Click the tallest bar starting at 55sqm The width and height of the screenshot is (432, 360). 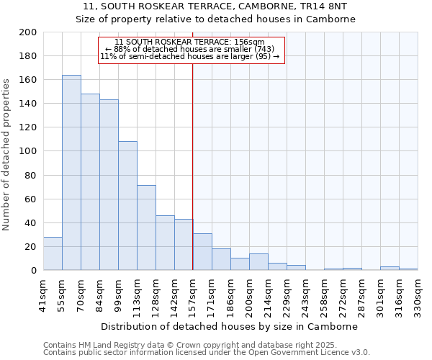coord(71,173)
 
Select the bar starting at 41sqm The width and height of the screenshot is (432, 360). coord(53,253)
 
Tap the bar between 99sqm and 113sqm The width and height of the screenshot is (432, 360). coord(127,206)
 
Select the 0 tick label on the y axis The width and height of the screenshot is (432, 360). coord(32,271)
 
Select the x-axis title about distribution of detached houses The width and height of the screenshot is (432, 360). coord(230,326)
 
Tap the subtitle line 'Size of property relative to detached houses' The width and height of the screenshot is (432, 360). coord(215,19)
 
